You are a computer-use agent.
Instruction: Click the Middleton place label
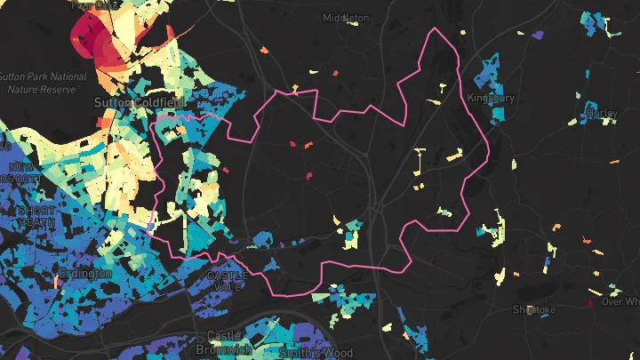pyautogui.click(x=346, y=18)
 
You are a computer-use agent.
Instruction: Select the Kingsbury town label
pyautogui.click(x=491, y=98)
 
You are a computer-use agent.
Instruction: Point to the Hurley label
pyautogui.click(x=602, y=114)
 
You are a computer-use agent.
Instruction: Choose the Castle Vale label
pyautogui.click(x=228, y=281)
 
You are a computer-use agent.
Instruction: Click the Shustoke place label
pyautogui.click(x=533, y=309)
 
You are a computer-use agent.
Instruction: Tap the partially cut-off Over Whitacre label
pyautogui.click(x=620, y=302)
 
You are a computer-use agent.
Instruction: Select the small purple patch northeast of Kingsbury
pyautogui.click(x=537, y=35)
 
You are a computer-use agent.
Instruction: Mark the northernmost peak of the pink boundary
pyautogui.click(x=435, y=29)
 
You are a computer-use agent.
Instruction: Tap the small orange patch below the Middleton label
pyautogui.click(x=336, y=73)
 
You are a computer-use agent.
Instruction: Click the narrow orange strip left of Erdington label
pyautogui.click(x=55, y=281)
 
